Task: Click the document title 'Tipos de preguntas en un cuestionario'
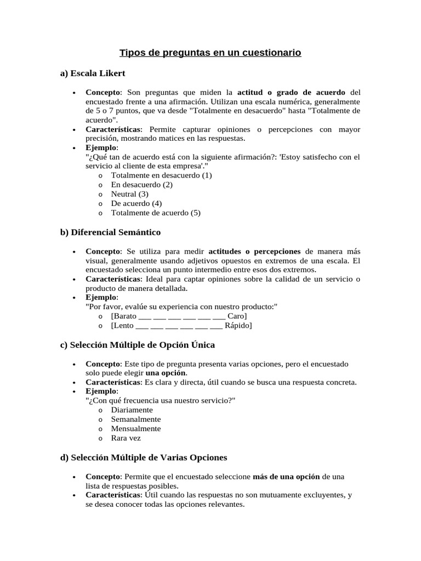210,53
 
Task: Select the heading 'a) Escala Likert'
93,73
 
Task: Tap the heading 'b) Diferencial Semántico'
110,232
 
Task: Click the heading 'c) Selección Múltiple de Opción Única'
137,345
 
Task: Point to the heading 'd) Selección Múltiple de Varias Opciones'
143,457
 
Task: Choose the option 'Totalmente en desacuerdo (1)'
161,175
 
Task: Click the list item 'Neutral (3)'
129,194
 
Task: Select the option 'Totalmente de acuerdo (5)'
156,213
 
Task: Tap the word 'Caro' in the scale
236,316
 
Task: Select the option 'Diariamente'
132,410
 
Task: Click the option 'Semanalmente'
136,419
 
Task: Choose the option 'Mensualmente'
136,428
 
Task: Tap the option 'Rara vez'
126,438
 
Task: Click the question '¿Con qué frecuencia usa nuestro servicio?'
161,400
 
